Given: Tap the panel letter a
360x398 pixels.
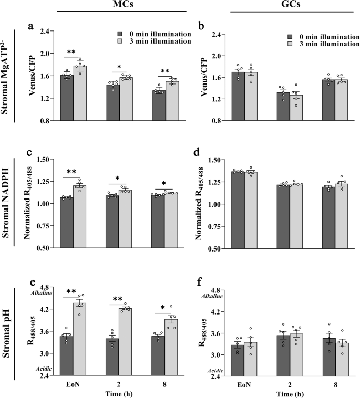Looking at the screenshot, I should point(30,24).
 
